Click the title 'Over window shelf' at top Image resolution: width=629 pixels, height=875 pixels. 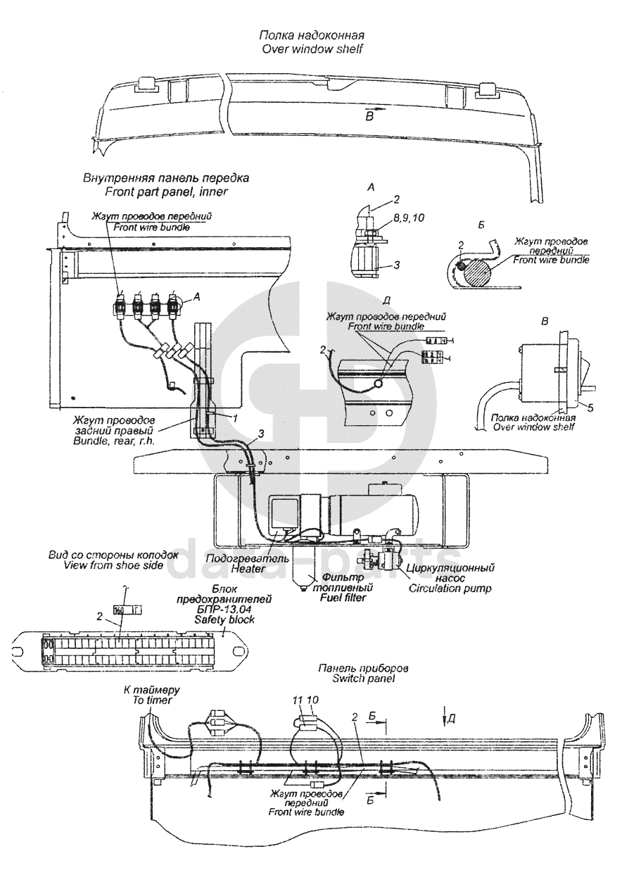pyautogui.click(x=312, y=49)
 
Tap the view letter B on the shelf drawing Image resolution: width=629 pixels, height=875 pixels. pyautogui.click(x=369, y=116)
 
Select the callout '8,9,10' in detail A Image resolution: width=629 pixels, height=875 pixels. pyautogui.click(x=408, y=218)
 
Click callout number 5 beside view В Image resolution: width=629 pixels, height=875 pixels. pyautogui.click(x=590, y=408)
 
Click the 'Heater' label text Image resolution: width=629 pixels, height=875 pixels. pyautogui.click(x=247, y=569)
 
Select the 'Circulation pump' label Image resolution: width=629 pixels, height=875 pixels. pyautogui.click(x=450, y=588)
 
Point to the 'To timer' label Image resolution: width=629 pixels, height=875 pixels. pyautogui.click(x=152, y=700)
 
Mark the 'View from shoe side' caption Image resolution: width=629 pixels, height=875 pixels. pyautogui.click(x=113, y=565)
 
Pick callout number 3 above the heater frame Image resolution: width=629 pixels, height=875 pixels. pyautogui.click(x=260, y=433)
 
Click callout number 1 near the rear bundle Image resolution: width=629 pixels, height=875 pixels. pyautogui.click(x=235, y=417)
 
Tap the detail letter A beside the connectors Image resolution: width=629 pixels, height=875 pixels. pyautogui.click(x=196, y=297)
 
